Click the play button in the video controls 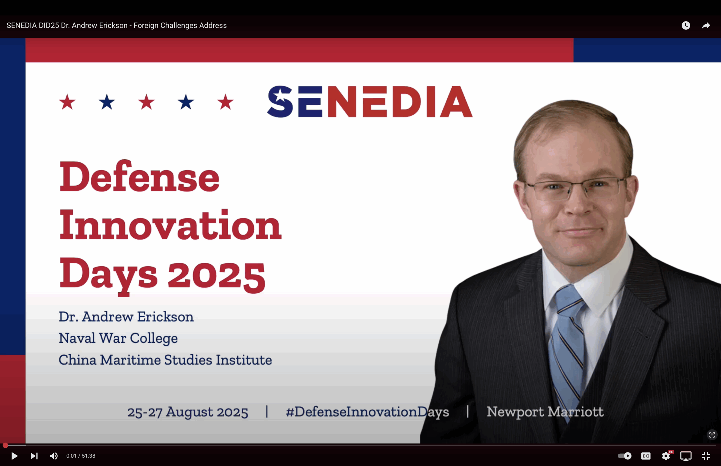point(14,456)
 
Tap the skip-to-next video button point(34,456)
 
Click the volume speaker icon point(54,456)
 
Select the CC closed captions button point(646,456)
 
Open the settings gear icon point(666,456)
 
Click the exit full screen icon point(706,456)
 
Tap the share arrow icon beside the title point(706,25)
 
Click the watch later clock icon point(686,25)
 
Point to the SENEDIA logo point(370,101)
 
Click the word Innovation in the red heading point(170,226)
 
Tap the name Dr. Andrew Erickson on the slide point(126,317)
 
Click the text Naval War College point(118,338)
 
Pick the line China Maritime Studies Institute point(165,360)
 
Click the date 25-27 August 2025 point(188,412)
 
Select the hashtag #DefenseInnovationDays point(368,412)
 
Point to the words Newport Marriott point(545,412)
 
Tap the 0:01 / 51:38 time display point(81,456)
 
